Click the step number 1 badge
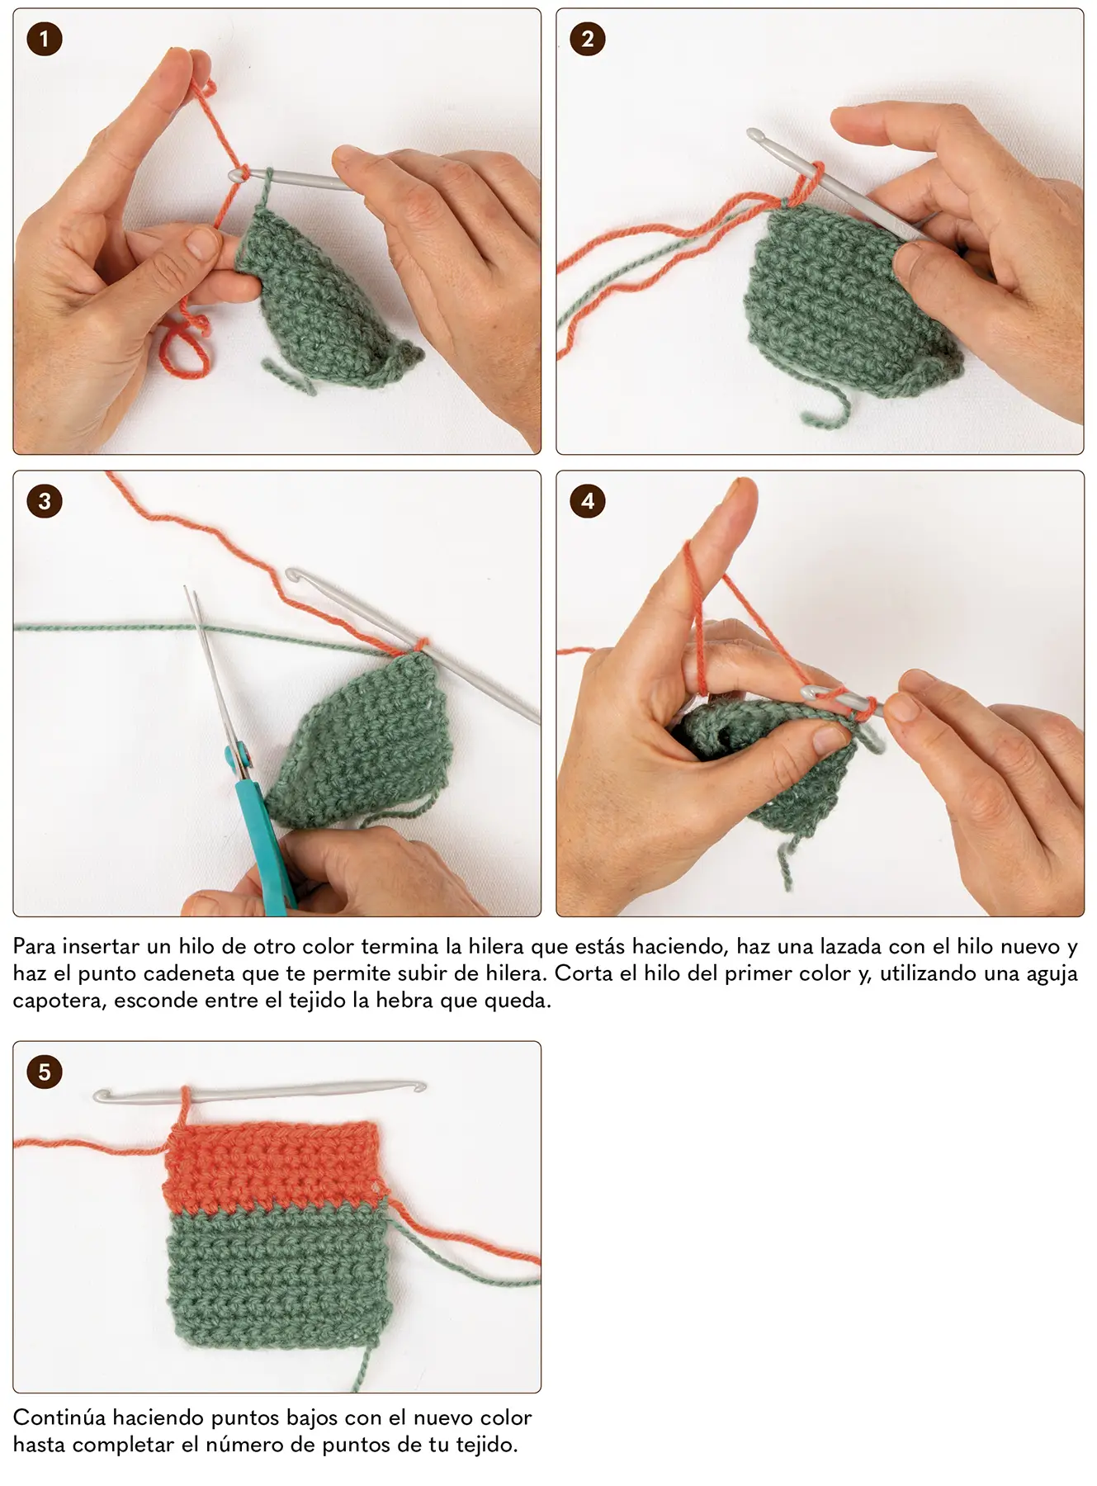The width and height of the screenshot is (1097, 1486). point(45,39)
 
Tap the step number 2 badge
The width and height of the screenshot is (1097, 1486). point(588,39)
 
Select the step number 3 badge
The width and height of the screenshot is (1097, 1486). point(45,501)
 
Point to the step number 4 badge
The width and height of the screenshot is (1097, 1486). point(588,501)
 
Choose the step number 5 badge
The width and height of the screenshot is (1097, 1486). point(45,1072)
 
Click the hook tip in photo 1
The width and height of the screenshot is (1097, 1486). point(236,175)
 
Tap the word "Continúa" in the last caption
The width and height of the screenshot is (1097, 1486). point(59,1417)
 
